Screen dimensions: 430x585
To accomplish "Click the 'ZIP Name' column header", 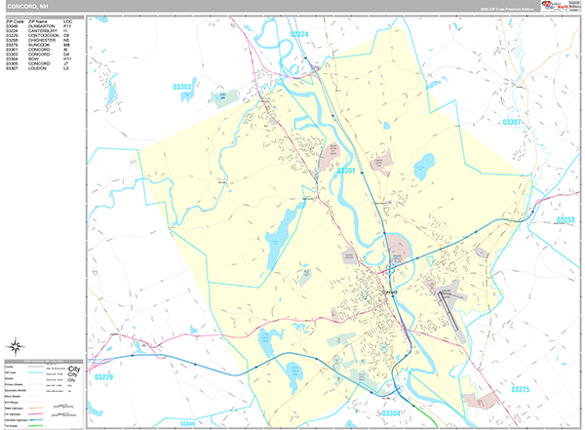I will click(x=38, y=20).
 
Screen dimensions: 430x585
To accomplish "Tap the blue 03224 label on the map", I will click(x=300, y=34).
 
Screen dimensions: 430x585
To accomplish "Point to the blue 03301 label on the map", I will click(x=346, y=171).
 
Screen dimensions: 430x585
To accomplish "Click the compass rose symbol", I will click(x=17, y=345).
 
